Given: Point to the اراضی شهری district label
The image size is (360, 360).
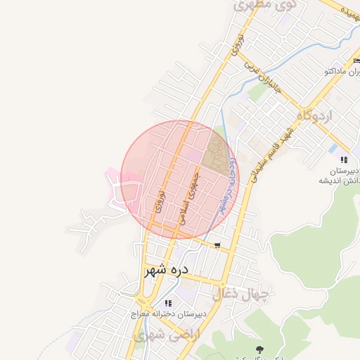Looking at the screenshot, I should pyautogui.click(x=166, y=335).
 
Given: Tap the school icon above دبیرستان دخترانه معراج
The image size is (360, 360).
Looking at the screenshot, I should pyautogui.click(x=167, y=303).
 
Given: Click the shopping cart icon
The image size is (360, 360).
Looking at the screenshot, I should pyautogui.click(x=218, y=245).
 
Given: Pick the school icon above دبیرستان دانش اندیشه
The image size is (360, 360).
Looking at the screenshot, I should pyautogui.click(x=344, y=160).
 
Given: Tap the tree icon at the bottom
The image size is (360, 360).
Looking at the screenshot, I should pyautogui.click(x=259, y=349).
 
